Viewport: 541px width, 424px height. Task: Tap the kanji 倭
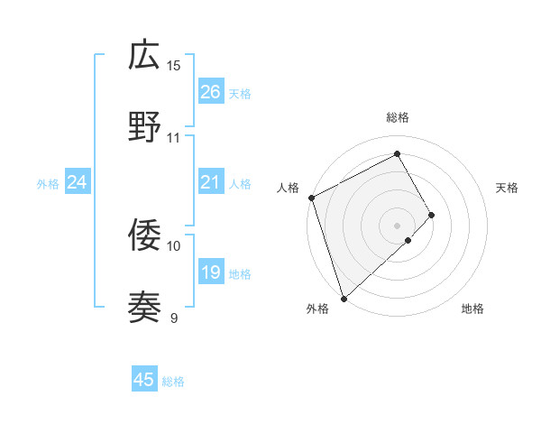(144, 235)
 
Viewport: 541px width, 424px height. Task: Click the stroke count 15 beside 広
(174, 65)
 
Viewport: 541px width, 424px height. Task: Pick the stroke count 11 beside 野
(174, 137)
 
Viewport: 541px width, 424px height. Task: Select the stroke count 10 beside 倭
(174, 245)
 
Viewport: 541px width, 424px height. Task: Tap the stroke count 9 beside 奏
(174, 318)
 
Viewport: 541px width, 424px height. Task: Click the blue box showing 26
(210, 91)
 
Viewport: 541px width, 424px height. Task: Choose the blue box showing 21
(210, 182)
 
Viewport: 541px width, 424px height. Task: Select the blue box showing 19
(210, 272)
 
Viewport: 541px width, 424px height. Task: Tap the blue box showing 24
(77, 182)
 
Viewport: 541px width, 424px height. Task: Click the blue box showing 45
(144, 380)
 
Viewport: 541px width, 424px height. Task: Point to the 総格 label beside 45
(173, 382)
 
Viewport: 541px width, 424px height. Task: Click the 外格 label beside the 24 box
(48, 184)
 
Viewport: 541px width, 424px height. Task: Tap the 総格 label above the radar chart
(398, 117)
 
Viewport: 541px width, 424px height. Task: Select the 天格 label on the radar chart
(508, 188)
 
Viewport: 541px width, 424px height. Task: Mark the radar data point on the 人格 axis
(311, 198)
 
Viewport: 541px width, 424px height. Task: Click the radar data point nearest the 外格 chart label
(344, 297)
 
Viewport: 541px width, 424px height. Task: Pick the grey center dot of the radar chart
(397, 225)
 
